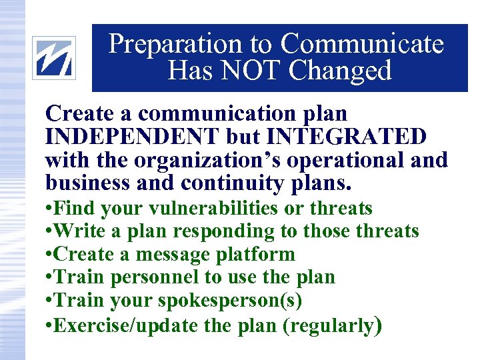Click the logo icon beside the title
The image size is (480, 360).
pos(55,57)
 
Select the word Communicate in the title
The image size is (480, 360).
pos(361,44)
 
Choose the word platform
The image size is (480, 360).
pos(256,254)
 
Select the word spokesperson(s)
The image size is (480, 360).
pos(230,300)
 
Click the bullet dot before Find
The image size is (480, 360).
pos(49,209)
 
